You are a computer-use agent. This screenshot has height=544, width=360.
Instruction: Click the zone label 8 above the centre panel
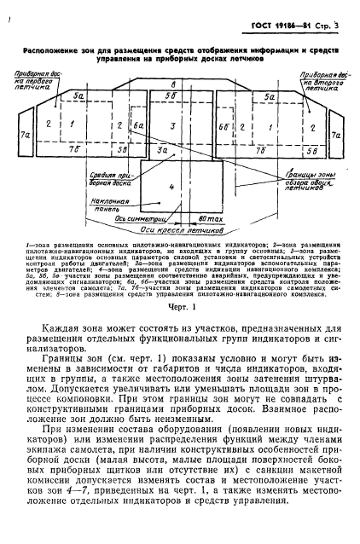click(x=174, y=85)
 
